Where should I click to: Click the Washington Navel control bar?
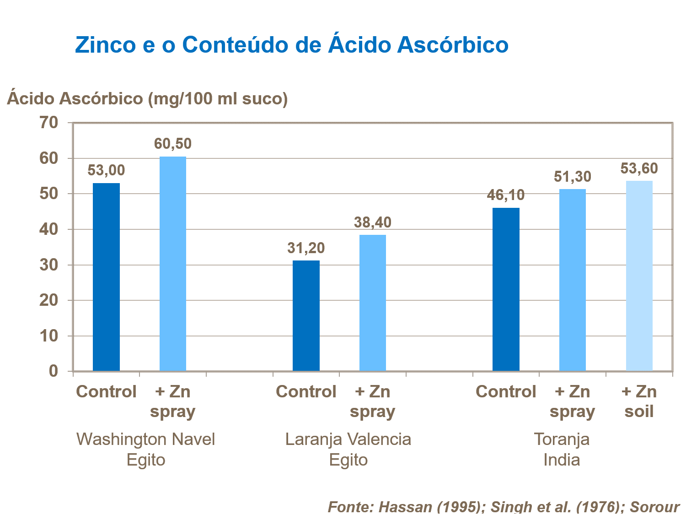point(106,277)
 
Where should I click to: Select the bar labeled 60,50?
point(173,264)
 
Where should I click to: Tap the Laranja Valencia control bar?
point(306,316)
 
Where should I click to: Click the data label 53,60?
point(639,168)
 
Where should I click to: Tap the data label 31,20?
point(306,248)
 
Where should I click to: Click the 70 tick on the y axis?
point(50,123)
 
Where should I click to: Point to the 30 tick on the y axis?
point(50,265)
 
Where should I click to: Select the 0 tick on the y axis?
point(54,371)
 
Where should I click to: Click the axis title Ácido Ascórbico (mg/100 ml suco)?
point(147,98)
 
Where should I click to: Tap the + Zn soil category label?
point(639,401)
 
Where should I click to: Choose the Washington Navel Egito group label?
point(145,449)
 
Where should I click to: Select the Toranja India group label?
point(562,449)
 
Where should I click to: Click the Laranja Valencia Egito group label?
point(348,449)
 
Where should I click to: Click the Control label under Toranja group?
point(506,392)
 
